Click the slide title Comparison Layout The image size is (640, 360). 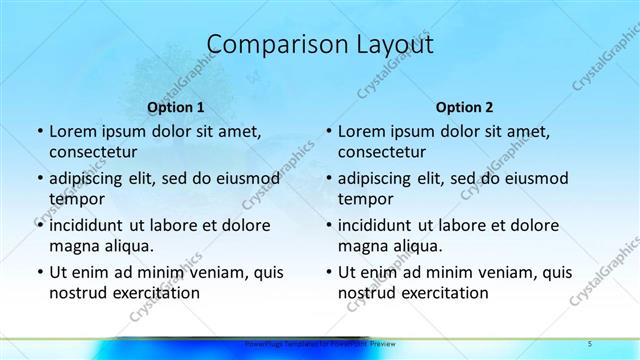tap(319, 45)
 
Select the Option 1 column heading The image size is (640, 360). tap(175, 106)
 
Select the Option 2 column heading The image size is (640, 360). tap(464, 106)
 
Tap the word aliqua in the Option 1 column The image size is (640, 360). tap(126, 246)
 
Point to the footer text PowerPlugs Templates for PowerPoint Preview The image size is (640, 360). tap(313, 344)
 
